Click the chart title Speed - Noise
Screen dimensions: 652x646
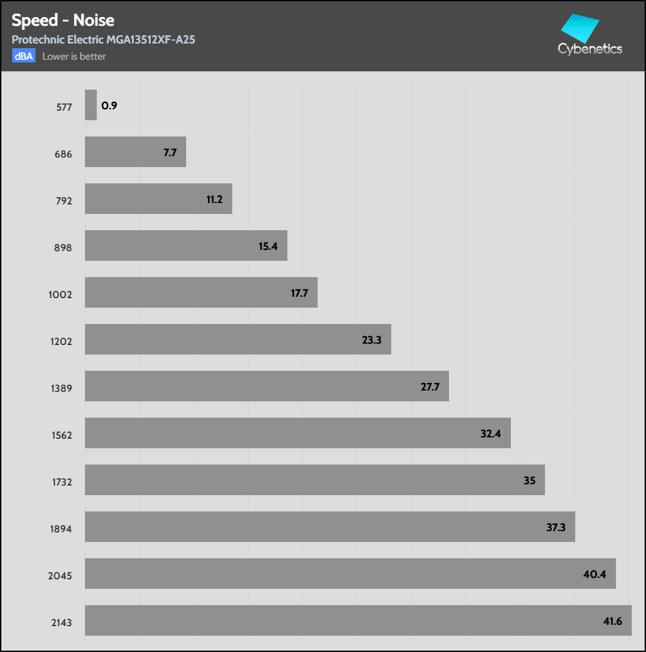pos(62,20)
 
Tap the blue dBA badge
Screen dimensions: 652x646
pos(23,56)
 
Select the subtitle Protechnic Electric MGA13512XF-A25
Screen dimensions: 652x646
pos(103,40)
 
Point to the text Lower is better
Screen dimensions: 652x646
pos(74,56)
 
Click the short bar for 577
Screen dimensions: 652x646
pos(91,105)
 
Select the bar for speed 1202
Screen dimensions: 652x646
pos(238,340)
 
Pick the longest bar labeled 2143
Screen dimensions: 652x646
pos(358,621)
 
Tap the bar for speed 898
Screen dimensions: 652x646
pos(185,246)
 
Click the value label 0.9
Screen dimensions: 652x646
pos(109,106)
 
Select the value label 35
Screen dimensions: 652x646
pos(530,481)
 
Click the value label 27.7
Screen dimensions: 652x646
pos(431,387)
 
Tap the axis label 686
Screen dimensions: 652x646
pos(64,154)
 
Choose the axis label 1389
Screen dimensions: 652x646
pos(61,388)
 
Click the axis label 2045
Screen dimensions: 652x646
pos(60,576)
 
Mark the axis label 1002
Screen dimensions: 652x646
pos(60,295)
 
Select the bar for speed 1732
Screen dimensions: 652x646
pos(315,480)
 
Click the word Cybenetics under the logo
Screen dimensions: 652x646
pos(590,49)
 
